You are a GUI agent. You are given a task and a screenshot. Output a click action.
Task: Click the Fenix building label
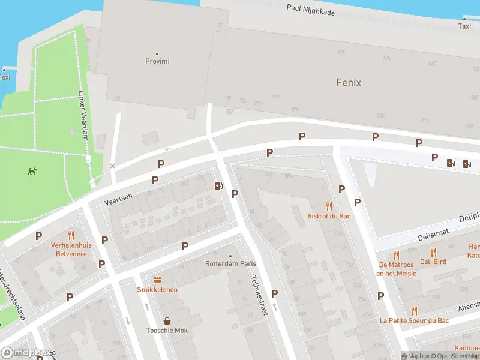(x=348, y=82)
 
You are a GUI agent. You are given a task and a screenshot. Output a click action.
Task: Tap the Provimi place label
(x=157, y=61)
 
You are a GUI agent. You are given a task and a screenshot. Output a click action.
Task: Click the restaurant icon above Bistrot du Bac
(x=329, y=206)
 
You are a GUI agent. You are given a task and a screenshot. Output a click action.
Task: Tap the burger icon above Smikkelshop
(x=157, y=280)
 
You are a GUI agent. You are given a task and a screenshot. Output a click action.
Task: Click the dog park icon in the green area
(x=31, y=171)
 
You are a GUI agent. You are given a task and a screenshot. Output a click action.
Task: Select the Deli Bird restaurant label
(x=433, y=261)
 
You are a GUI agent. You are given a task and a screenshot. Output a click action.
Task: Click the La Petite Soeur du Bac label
(x=413, y=320)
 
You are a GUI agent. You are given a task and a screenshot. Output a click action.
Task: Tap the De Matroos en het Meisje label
(x=396, y=269)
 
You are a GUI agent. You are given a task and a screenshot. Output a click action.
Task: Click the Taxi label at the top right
(x=464, y=26)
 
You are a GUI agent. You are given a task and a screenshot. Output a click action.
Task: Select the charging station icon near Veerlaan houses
(x=218, y=185)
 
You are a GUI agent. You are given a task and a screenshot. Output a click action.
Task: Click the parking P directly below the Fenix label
(x=375, y=137)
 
